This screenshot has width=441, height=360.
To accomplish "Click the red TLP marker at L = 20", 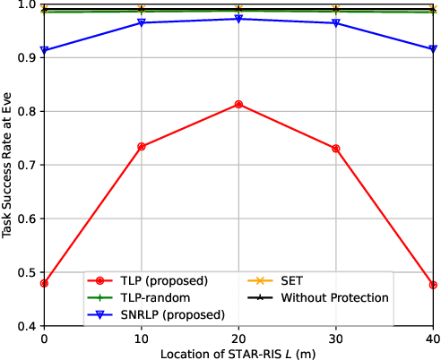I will coord(238,105).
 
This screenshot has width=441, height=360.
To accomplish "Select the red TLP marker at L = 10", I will coord(142,146).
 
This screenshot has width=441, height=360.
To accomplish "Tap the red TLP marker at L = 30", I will coord(335,148).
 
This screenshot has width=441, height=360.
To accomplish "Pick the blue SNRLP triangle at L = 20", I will coord(238,19).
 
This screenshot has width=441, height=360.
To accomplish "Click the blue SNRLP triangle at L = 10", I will coord(142,22).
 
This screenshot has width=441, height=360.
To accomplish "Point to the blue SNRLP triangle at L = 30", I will coord(335,23).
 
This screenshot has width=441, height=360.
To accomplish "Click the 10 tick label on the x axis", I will coord(142,339).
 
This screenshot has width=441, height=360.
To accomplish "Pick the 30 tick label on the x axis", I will coord(335,339).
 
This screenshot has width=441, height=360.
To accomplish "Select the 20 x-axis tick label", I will coord(238,339).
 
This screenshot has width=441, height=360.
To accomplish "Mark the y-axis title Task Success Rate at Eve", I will coord(8,166).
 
